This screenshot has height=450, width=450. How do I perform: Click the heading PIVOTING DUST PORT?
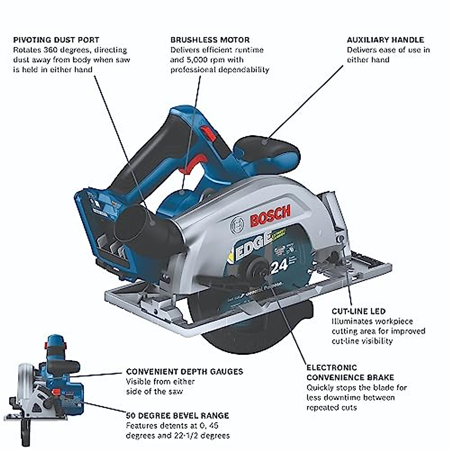tap(56, 40)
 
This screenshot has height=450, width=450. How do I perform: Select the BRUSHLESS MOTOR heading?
tap(210, 40)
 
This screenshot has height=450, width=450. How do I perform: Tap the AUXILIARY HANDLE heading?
tap(385, 40)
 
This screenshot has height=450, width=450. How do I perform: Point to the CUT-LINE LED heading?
tap(358, 311)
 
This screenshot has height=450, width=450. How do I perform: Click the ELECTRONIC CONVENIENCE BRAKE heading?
tap(350, 372)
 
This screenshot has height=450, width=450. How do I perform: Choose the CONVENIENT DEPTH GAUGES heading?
tap(184, 372)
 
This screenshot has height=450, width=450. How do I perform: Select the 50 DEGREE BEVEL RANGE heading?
tap(177, 415)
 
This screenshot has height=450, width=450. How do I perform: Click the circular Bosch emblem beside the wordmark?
tap(237, 225)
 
